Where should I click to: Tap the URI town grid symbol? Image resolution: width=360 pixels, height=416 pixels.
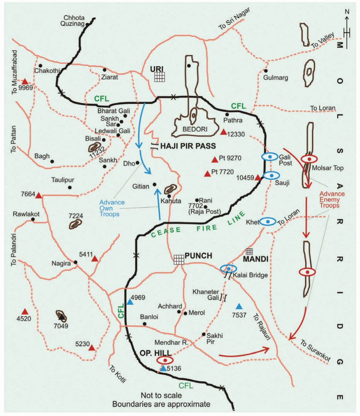pos(159,77)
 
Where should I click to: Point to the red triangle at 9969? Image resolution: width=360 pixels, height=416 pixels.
pos(25,82)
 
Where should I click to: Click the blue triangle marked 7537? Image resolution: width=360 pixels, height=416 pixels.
pos(239,306)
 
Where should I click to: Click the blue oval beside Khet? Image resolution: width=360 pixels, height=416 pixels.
pos(268,222)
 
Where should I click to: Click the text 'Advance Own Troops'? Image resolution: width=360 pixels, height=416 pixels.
pos(112,208)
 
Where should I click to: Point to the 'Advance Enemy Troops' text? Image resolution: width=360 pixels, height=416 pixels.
pos(329,200)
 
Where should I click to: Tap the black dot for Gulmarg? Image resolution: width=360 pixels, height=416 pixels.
pos(265,71)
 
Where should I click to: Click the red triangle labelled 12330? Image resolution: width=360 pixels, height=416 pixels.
pos(223,132)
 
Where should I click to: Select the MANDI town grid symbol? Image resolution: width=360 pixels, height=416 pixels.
pos(249,252)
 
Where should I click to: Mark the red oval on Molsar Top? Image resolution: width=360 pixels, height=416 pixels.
pos(309,159)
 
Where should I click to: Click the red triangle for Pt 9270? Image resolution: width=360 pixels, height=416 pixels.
pos(214,159)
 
